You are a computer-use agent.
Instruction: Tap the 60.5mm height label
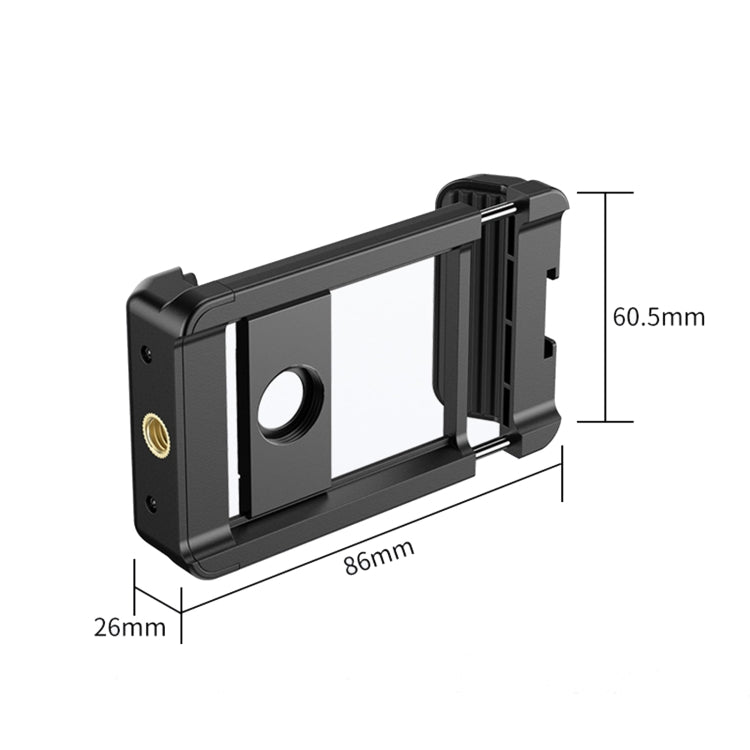658,317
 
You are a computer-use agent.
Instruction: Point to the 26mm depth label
130,627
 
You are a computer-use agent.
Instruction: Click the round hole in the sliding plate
288,404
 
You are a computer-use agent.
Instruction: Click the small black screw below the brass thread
150,502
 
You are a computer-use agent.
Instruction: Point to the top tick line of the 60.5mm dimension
604,191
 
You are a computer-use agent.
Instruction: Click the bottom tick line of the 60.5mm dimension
604,421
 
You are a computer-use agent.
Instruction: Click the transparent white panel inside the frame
385,350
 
